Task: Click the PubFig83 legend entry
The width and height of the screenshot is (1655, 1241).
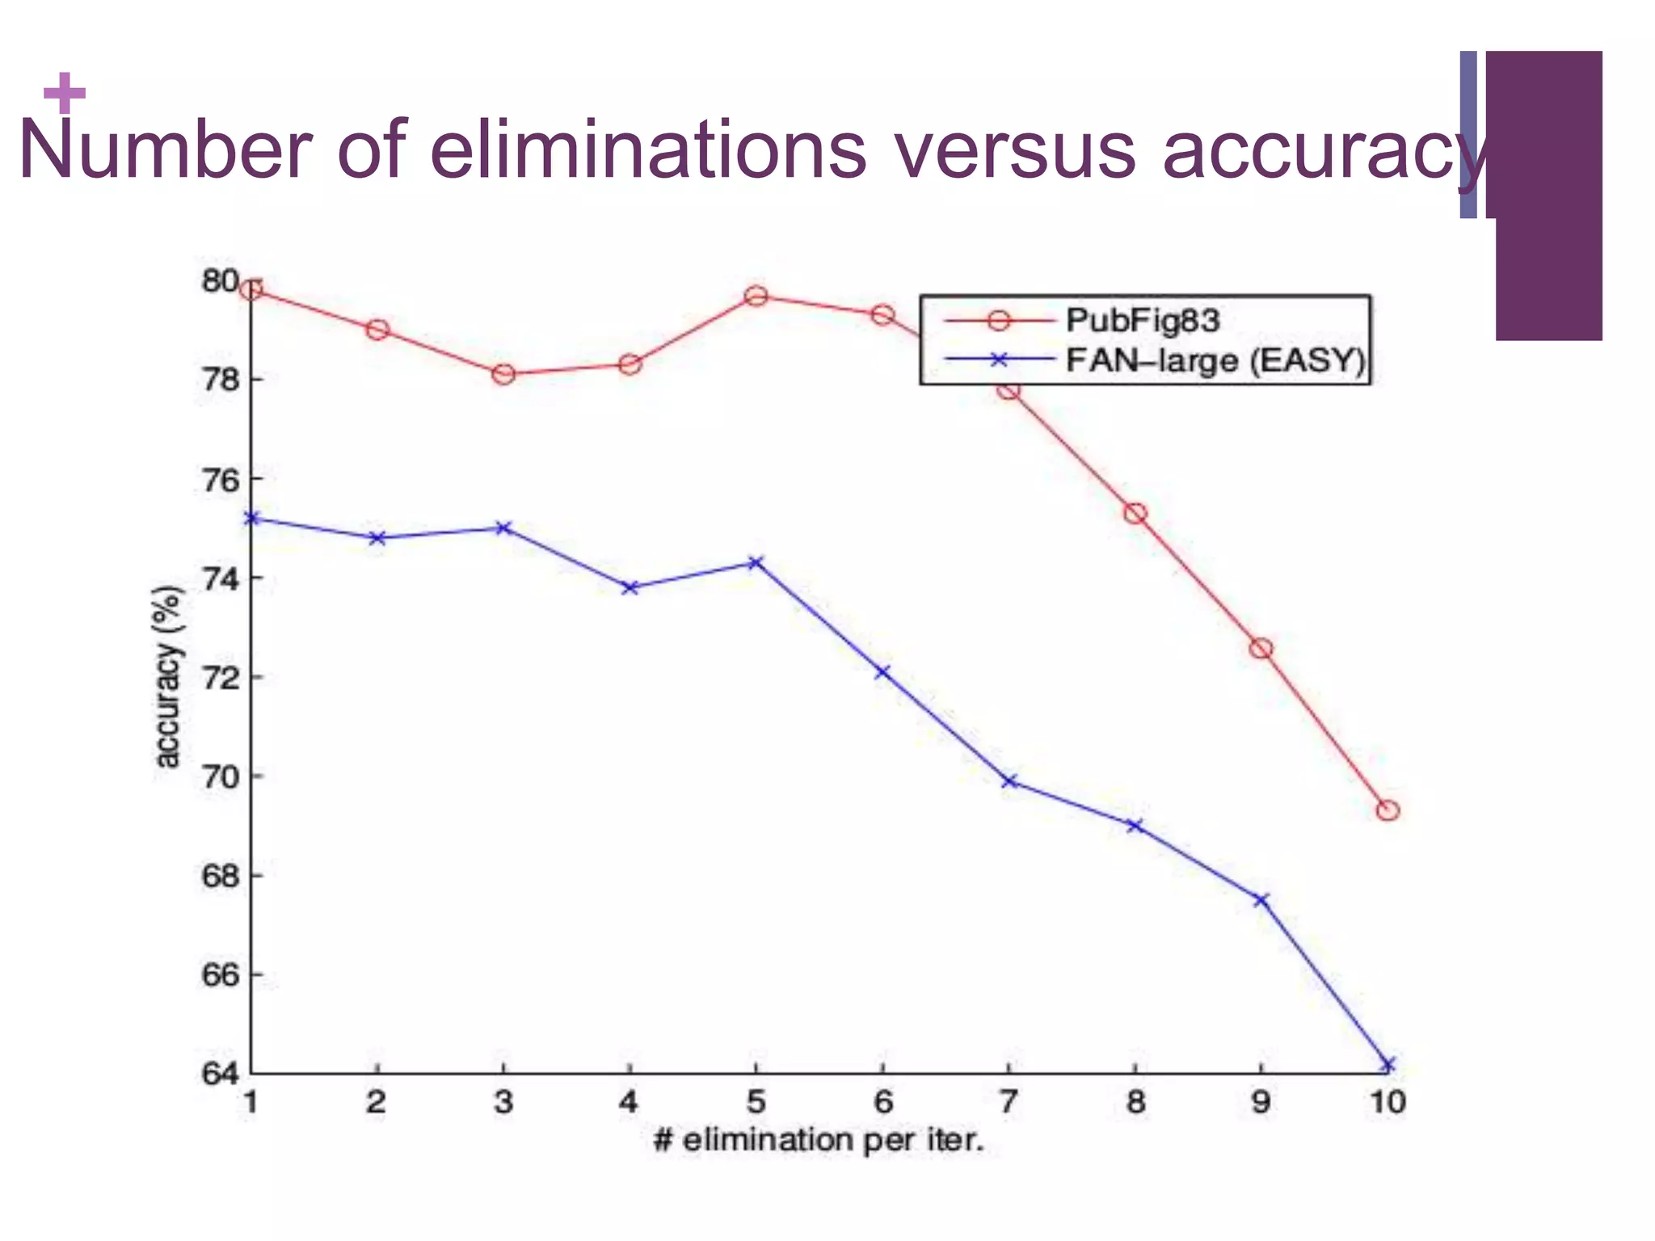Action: coord(1141,321)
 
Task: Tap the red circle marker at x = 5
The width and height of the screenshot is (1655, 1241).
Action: coord(756,296)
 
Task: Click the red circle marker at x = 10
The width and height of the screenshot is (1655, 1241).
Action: coord(1388,810)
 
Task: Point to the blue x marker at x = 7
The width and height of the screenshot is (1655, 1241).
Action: coord(1009,781)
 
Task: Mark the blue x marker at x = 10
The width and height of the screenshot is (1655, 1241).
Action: coord(1388,1065)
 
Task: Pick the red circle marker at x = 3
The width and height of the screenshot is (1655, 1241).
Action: coord(503,374)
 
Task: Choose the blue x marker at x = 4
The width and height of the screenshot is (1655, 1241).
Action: coord(630,587)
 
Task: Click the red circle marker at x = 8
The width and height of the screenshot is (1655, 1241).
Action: coord(1135,513)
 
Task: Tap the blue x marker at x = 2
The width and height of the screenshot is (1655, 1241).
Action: coord(377,537)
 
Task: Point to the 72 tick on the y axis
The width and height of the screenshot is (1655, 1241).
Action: coord(220,677)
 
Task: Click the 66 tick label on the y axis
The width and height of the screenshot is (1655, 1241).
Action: coord(220,975)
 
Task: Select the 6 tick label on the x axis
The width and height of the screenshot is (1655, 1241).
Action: coord(882,1102)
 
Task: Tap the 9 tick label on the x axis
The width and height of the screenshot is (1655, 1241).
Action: coord(1261,1102)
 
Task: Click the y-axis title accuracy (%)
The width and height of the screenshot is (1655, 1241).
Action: coord(167,677)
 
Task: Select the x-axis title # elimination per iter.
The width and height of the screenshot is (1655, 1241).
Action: coord(819,1141)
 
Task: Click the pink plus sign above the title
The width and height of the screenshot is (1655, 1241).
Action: coord(65,93)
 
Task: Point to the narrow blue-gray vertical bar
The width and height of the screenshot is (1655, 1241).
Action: coord(1468,135)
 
